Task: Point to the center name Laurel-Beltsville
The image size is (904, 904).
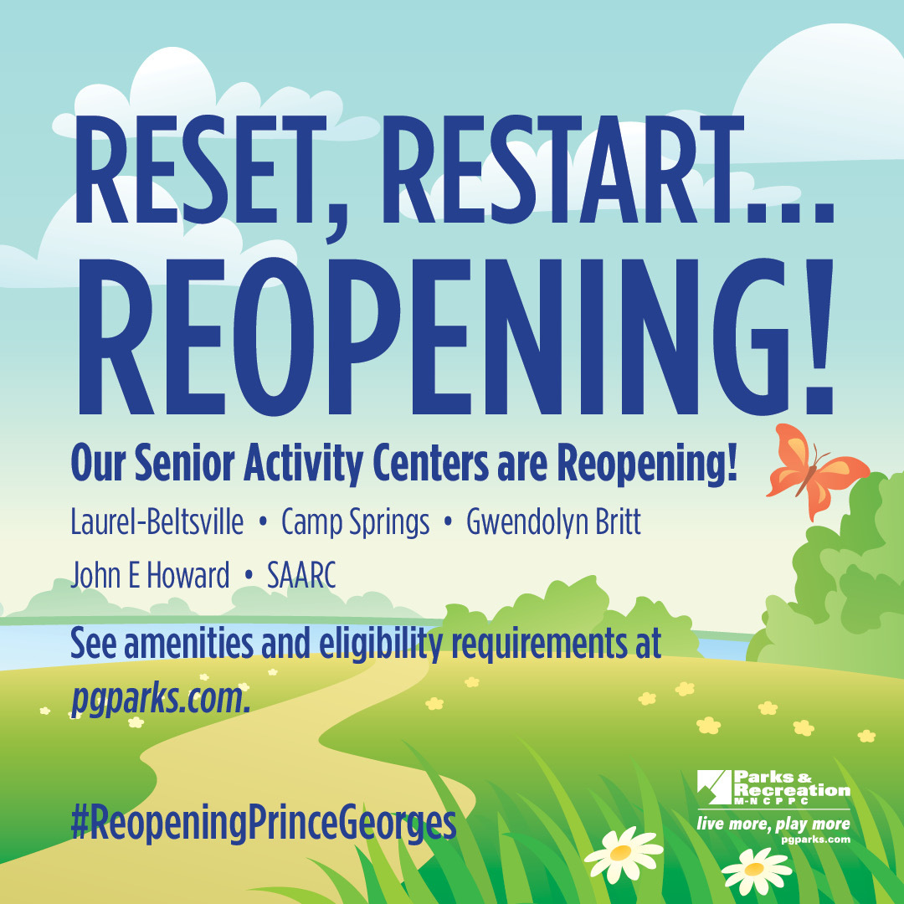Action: [x=157, y=523]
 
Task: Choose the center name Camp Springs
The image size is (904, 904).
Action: [x=355, y=523]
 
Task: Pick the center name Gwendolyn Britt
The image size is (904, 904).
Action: [x=553, y=523]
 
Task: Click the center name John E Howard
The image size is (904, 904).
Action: [x=151, y=576]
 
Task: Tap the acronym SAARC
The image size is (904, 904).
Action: [x=301, y=576]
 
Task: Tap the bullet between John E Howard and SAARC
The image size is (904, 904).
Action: [x=249, y=578]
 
